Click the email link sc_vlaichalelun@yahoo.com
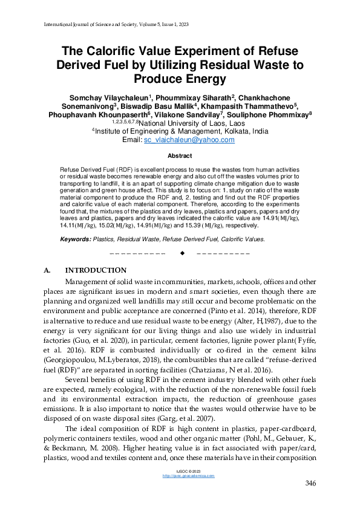point(189,140)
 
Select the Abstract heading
point(180,155)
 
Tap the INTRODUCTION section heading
point(96,270)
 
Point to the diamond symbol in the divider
point(182,253)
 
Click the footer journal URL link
point(180,476)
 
